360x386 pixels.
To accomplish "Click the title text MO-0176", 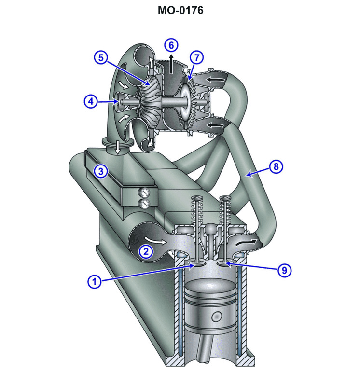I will (x=180, y=10).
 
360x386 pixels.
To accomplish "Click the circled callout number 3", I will (x=100, y=170).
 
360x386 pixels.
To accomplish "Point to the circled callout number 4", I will (x=91, y=101).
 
